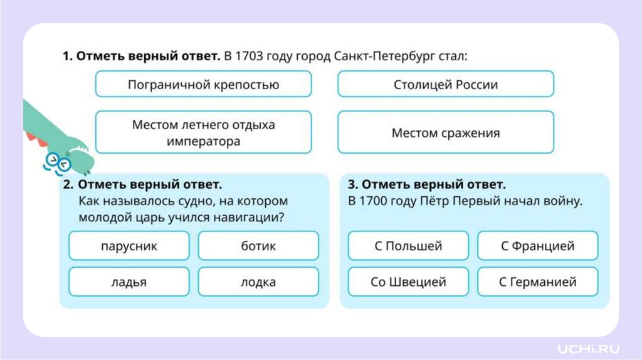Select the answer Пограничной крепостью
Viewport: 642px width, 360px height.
click(x=203, y=84)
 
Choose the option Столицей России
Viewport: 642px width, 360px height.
click(x=445, y=84)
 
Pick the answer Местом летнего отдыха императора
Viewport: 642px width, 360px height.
click(x=203, y=132)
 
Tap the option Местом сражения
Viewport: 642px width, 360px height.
click(x=445, y=132)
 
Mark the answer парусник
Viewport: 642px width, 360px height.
click(x=129, y=246)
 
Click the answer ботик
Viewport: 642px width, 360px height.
click(x=258, y=246)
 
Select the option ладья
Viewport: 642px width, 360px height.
click(x=129, y=282)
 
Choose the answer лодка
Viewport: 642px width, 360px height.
click(x=258, y=282)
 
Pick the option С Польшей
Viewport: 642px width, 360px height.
click(x=408, y=246)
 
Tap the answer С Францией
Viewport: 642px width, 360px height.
click(x=537, y=246)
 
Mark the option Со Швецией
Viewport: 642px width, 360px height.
click(x=408, y=282)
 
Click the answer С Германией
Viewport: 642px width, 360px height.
click(x=537, y=282)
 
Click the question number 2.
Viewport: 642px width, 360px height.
click(x=68, y=185)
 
